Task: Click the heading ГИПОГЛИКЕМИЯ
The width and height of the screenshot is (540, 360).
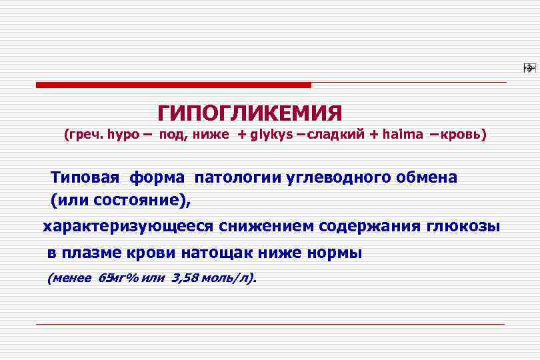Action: [x=250, y=111]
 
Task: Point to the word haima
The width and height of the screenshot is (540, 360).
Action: [x=402, y=135]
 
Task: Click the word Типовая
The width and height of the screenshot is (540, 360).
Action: [x=85, y=178]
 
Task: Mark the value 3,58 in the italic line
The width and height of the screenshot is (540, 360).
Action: [x=185, y=278]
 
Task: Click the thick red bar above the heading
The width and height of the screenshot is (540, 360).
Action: [x=173, y=85]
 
